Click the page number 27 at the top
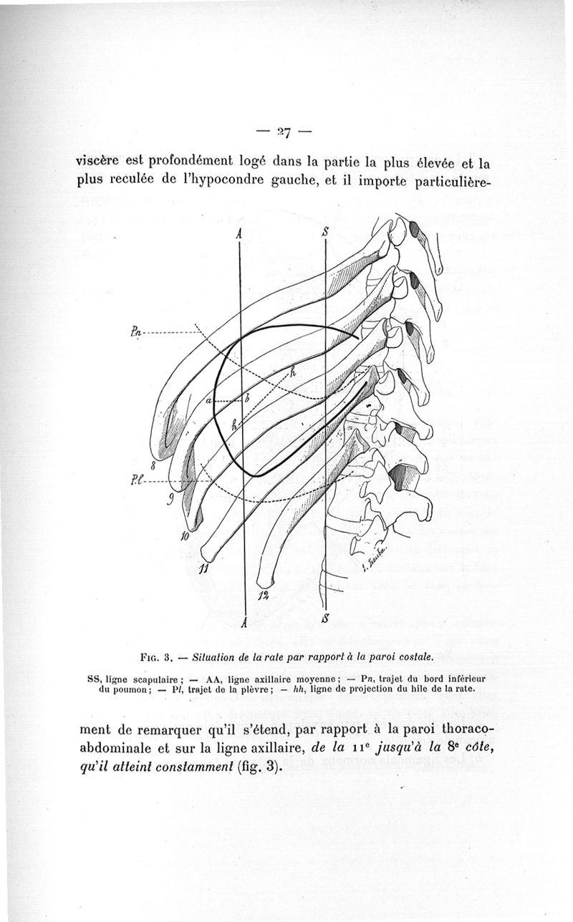286,132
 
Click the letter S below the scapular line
327,617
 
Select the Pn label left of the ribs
136,330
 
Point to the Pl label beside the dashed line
138,480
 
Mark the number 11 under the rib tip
203,569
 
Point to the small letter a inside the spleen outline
208,401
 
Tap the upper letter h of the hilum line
292,370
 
